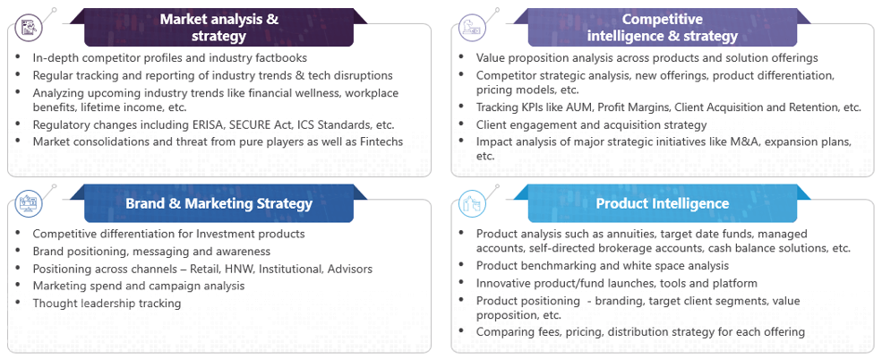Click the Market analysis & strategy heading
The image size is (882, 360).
click(218, 27)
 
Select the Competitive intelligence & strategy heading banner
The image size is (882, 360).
click(662, 27)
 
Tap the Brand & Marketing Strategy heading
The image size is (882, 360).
click(218, 203)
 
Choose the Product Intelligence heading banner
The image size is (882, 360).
click(662, 203)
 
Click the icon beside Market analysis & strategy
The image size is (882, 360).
click(27, 27)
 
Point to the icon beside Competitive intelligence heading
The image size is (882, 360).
click(470, 27)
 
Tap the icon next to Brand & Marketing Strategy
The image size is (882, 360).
click(27, 202)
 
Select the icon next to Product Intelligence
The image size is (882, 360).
click(470, 202)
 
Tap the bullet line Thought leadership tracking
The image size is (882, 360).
click(107, 304)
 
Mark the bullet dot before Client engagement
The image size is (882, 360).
click(462, 124)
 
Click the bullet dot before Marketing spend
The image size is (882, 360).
click(19, 285)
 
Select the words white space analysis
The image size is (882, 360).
click(675, 265)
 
